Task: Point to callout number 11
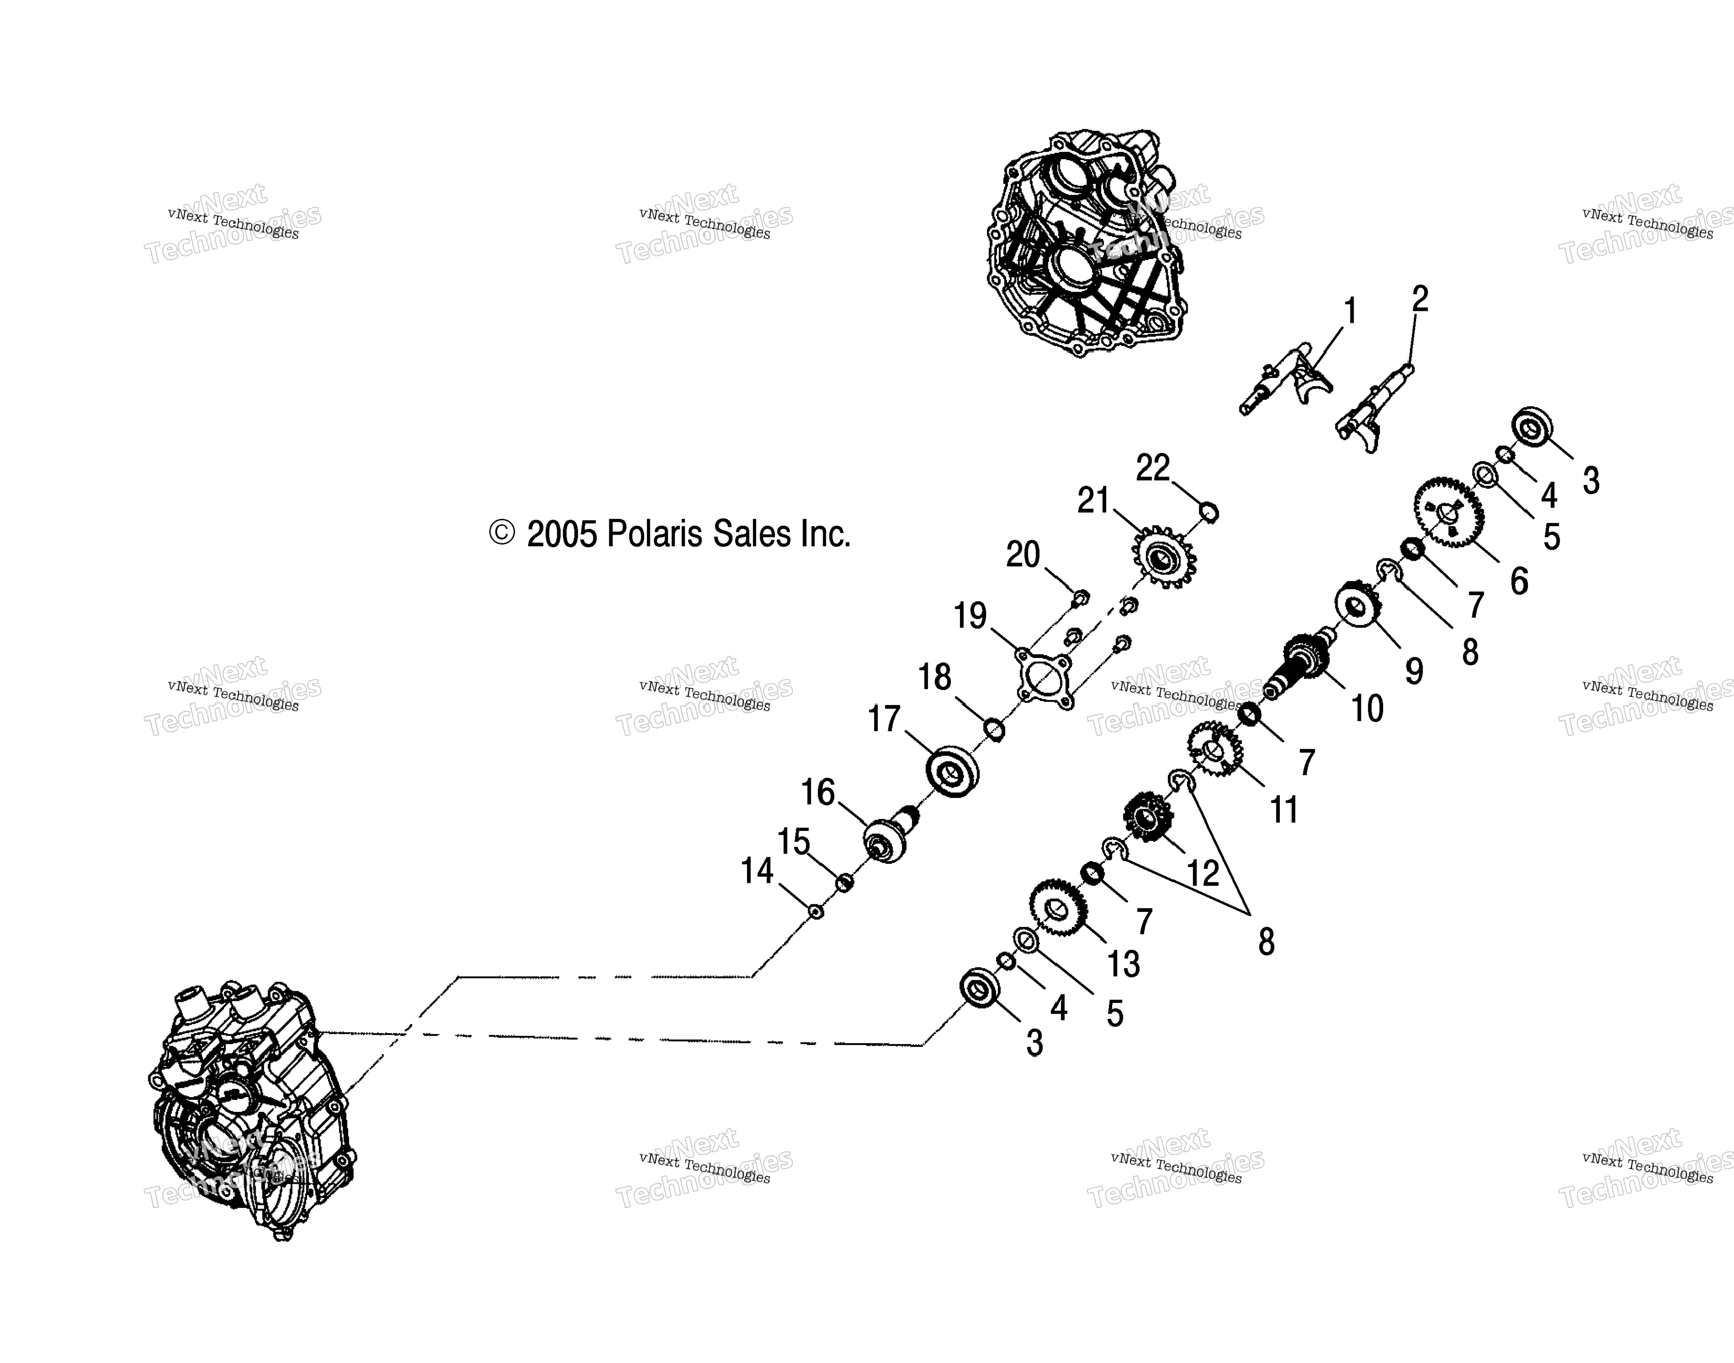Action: [x=1284, y=809]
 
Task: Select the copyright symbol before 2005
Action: [x=501, y=533]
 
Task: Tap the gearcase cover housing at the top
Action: [x=1085, y=243]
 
